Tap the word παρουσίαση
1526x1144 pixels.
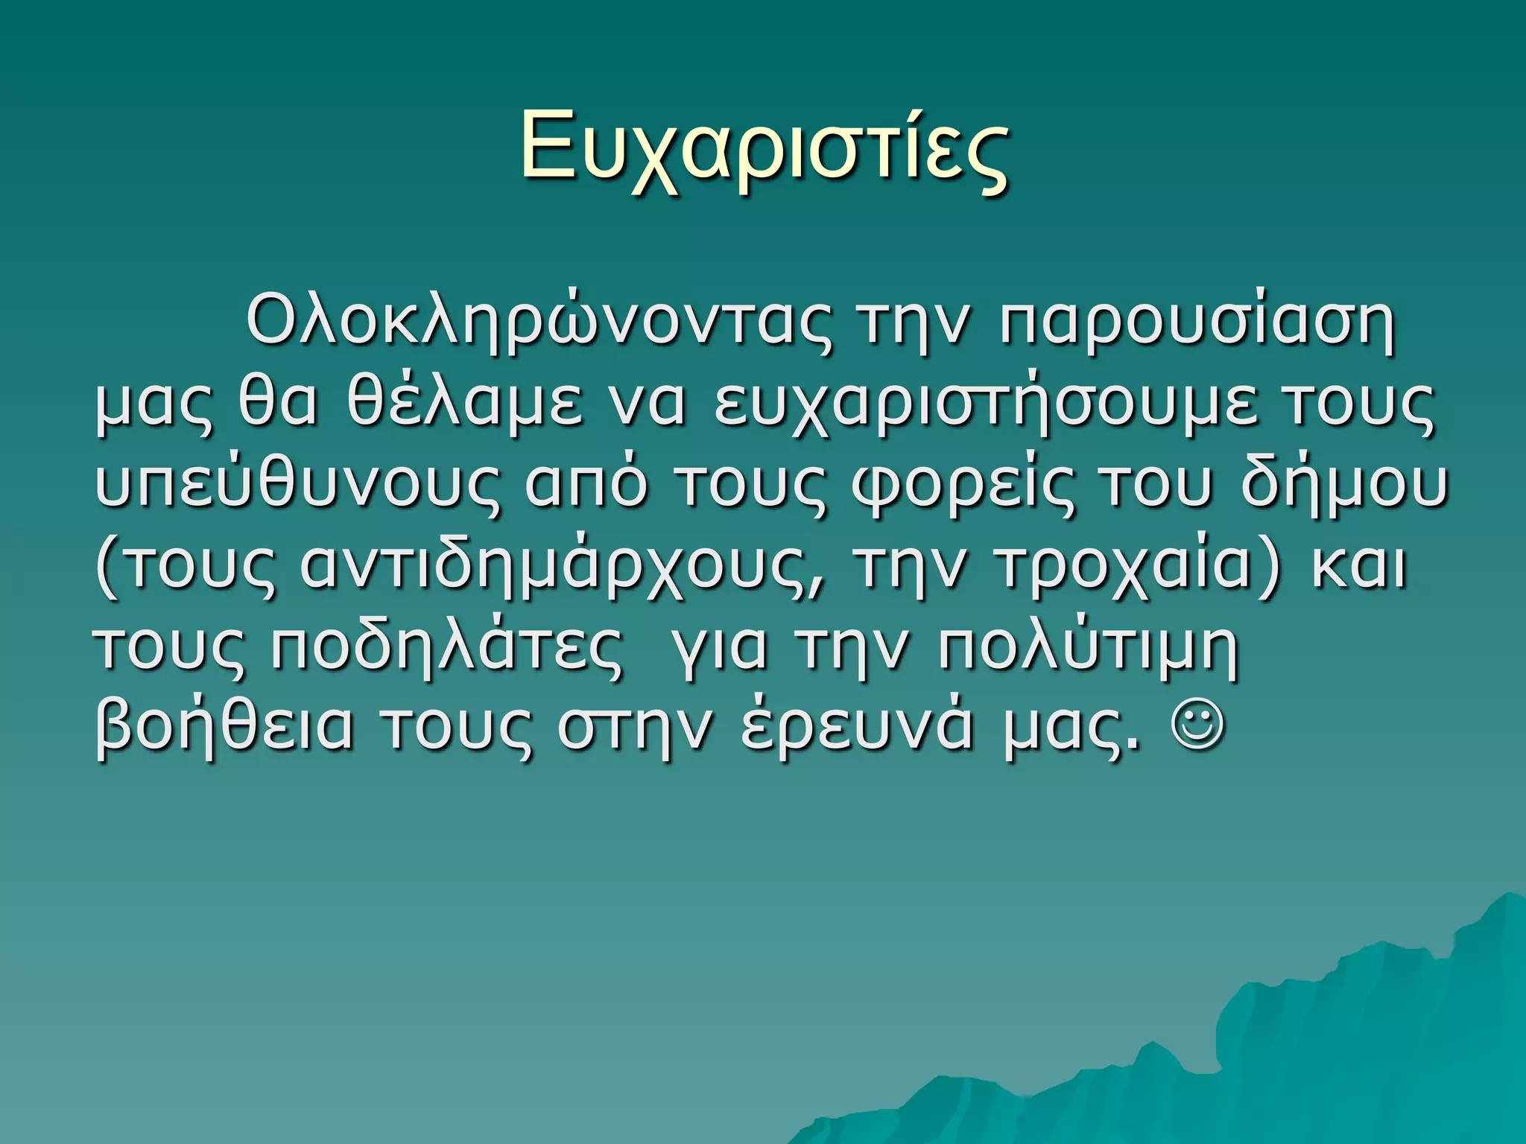1197,325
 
